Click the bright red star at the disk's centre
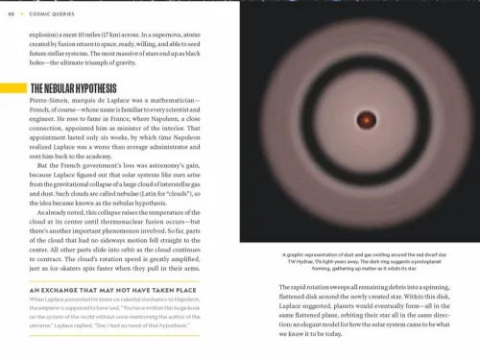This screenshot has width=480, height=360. pos(366,122)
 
